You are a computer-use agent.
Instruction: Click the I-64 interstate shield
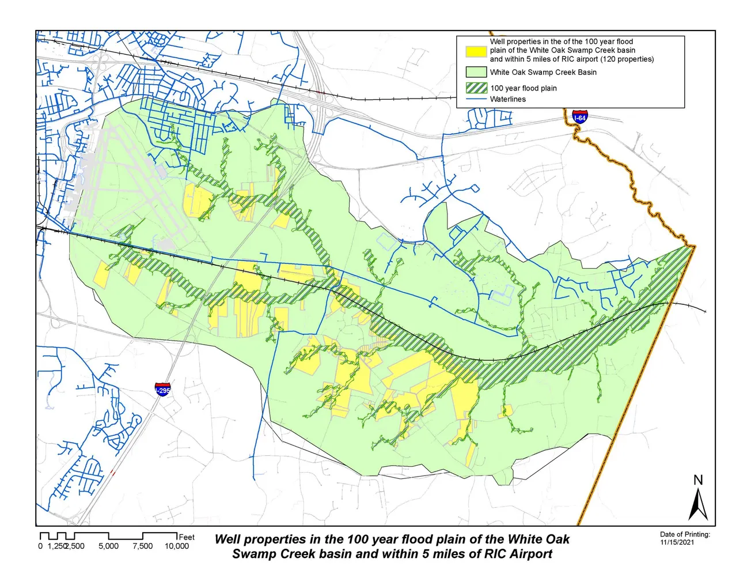(579, 116)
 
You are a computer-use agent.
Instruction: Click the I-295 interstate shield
(163, 389)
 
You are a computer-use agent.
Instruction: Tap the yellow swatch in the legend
(476, 51)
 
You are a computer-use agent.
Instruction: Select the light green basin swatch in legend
(476, 73)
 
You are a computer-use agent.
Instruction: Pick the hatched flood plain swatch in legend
(476, 88)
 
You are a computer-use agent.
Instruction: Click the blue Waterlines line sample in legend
(476, 99)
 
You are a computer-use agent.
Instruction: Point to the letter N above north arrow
(698, 480)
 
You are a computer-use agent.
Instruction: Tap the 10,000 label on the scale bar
(177, 546)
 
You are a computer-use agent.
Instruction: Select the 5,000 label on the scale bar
(108, 546)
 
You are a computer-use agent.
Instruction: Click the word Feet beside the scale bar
(187, 537)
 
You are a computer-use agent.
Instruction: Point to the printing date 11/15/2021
(677, 542)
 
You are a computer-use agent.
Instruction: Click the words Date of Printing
(685, 534)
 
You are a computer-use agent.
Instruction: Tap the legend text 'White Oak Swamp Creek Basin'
(543, 73)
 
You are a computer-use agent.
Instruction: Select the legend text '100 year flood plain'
(523, 88)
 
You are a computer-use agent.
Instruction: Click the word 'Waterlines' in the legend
(507, 99)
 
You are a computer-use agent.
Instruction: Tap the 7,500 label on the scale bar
(143, 546)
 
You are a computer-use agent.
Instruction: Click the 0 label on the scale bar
(40, 546)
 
